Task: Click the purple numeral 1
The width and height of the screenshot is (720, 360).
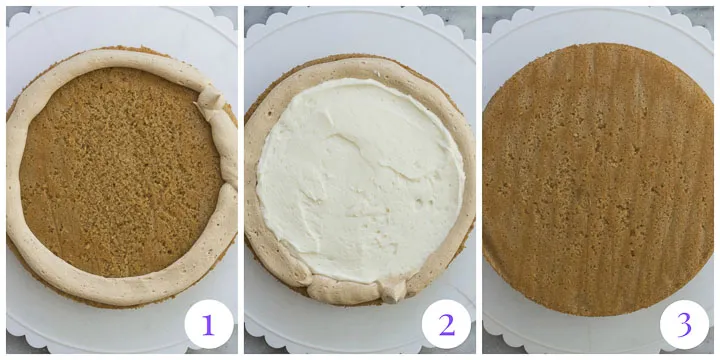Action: click(x=208, y=324)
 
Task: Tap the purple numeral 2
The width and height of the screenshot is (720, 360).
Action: click(x=446, y=324)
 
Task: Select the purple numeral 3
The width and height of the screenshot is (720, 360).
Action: click(x=684, y=324)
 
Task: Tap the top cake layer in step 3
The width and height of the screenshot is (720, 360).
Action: click(x=598, y=180)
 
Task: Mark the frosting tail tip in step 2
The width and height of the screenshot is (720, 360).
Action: click(x=393, y=291)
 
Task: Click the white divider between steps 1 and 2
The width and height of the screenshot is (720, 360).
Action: click(x=240, y=180)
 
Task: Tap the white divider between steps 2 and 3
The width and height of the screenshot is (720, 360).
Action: click(x=478, y=180)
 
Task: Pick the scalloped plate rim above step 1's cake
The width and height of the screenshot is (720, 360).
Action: click(x=120, y=22)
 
